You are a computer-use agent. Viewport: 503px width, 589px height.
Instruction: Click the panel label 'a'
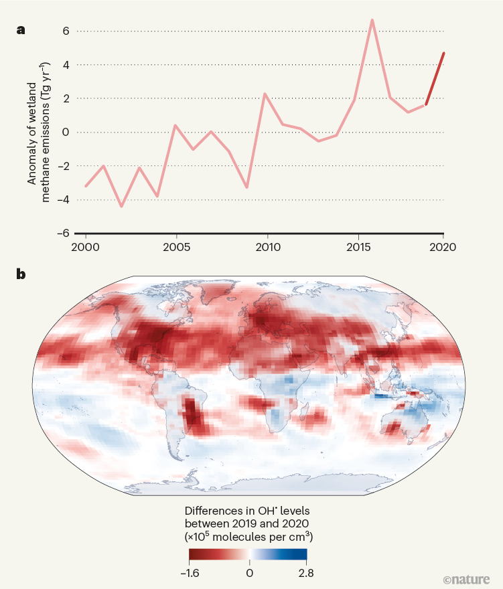tap(21, 29)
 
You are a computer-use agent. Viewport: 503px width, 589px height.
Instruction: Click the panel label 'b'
tap(21, 274)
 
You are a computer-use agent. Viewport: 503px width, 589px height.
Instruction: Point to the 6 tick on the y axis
tap(66, 31)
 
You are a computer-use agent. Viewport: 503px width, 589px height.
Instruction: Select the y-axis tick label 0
tap(66, 132)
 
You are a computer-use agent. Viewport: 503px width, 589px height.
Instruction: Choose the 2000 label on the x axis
tap(86, 246)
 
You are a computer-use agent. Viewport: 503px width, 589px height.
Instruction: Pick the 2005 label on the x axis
tap(176, 246)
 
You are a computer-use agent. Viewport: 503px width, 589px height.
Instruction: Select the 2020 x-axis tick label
tap(443, 246)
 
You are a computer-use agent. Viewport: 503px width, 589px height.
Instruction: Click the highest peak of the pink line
tap(372, 21)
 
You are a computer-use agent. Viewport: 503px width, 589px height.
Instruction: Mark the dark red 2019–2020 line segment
tap(435, 78)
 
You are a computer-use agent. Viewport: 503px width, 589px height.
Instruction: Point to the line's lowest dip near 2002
tap(121, 205)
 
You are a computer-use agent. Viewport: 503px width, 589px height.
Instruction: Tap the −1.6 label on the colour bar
tap(190, 573)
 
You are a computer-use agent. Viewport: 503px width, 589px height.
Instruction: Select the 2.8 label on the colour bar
tap(306, 573)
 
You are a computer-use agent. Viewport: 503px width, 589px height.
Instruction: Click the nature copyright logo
tap(467, 578)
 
